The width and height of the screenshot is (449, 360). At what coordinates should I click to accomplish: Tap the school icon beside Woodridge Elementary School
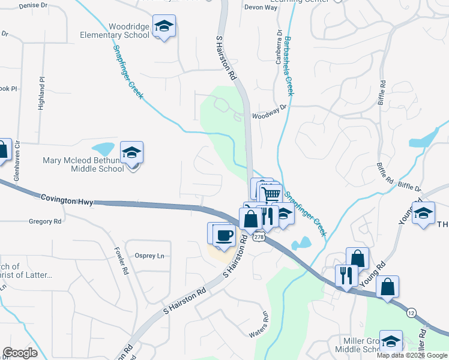click(164, 27)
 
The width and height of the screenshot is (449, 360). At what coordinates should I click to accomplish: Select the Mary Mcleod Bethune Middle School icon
click(131, 153)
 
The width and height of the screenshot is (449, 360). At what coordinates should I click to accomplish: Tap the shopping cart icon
click(272, 194)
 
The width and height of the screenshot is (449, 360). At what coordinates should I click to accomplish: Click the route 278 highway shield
click(258, 238)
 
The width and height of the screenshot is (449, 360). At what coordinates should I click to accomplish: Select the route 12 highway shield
click(411, 313)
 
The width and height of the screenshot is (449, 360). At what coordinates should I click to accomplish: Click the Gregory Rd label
click(45, 221)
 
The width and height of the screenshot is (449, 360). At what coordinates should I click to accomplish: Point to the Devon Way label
click(259, 7)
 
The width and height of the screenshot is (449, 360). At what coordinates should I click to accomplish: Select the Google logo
click(20, 353)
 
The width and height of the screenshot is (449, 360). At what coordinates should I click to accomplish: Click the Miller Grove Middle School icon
click(391, 341)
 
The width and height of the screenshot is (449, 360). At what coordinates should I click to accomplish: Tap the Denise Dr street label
click(33, 5)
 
